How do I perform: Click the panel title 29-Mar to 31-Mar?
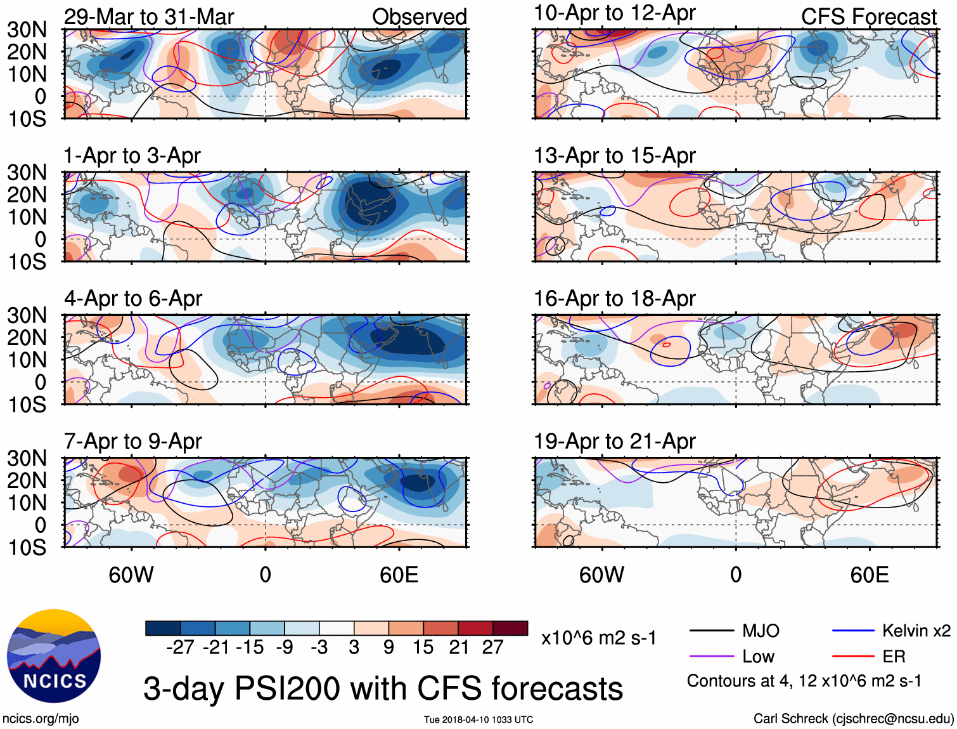coord(149,16)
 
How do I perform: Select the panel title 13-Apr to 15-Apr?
coord(615,155)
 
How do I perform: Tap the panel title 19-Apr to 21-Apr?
coord(615,441)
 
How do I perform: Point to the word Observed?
coord(420,16)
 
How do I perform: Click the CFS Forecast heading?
coord(869,16)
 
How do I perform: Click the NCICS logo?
coord(54,656)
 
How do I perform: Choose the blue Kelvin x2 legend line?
coord(853,631)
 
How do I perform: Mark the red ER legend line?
coord(853,657)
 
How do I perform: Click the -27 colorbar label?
coord(180,647)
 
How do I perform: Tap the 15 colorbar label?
coord(423,647)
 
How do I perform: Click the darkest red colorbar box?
coord(510,628)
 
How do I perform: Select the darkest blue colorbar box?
coord(163,628)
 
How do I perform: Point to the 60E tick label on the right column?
coord(870,575)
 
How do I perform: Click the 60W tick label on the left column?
coord(131,575)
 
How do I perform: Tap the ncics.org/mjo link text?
coord(41,719)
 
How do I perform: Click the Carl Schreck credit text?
coord(853,719)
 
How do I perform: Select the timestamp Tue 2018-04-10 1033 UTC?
coord(478,719)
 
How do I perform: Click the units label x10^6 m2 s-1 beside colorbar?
coord(599,638)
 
